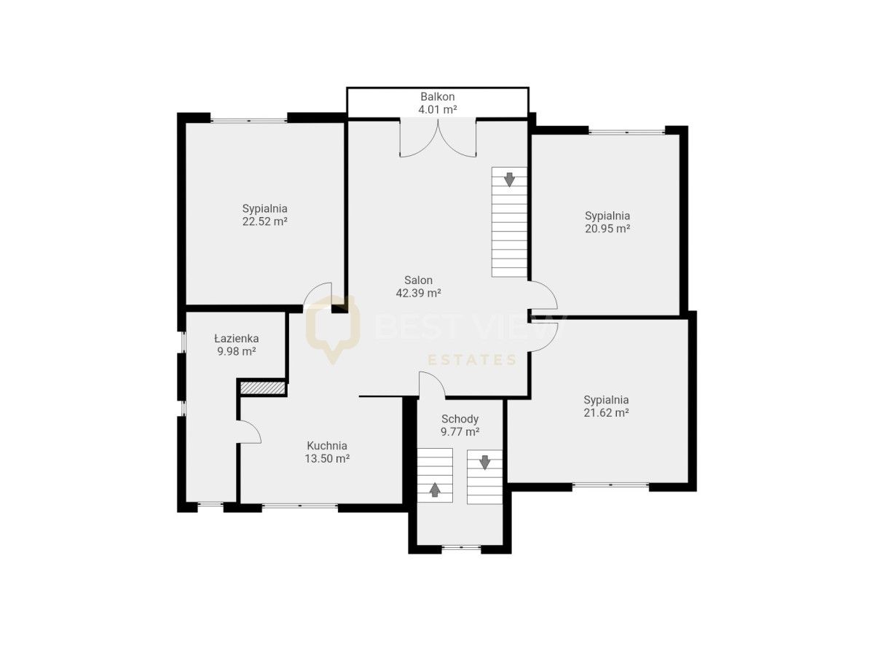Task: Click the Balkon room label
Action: pyautogui.click(x=437, y=96)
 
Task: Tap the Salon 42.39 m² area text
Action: pyautogui.click(x=418, y=293)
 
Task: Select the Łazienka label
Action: pyautogui.click(x=237, y=338)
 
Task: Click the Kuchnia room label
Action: pyautogui.click(x=327, y=445)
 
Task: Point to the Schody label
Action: pyautogui.click(x=460, y=419)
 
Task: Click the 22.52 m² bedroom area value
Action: pyautogui.click(x=265, y=221)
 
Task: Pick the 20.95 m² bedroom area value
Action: pyautogui.click(x=607, y=229)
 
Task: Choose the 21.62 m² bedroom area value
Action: pyautogui.click(x=607, y=412)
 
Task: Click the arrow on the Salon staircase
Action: pyautogui.click(x=509, y=179)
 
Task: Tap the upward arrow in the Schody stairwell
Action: pyautogui.click(x=434, y=490)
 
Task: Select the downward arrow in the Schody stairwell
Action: pyautogui.click(x=484, y=462)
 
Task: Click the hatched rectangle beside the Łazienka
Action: pyautogui.click(x=263, y=388)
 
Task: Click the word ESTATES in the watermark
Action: pyautogui.click(x=472, y=361)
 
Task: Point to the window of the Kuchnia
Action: pyautogui.click(x=299, y=506)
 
